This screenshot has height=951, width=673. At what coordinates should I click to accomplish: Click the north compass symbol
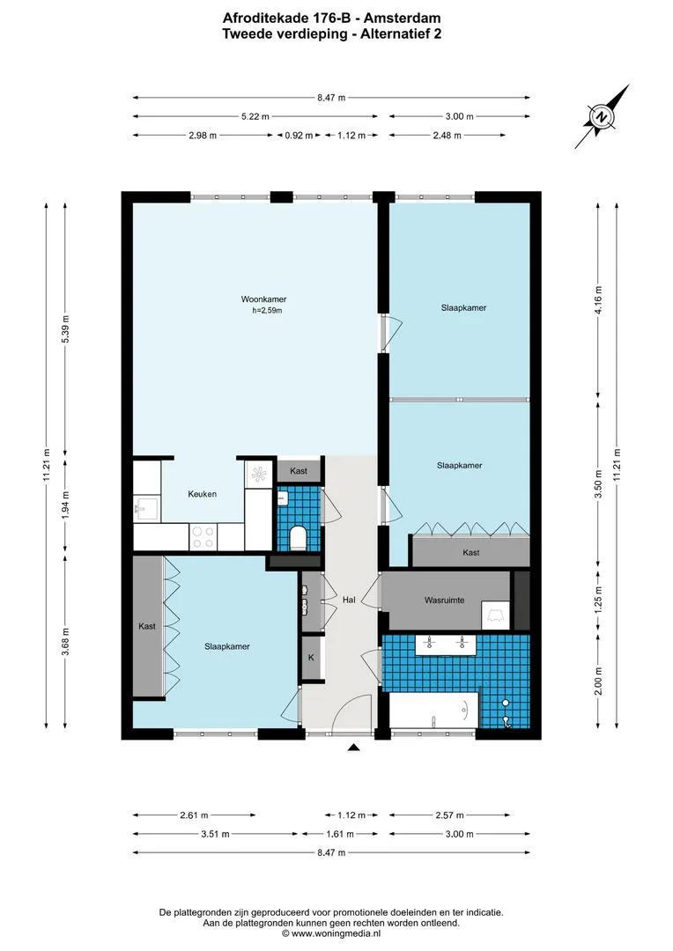[x=602, y=117]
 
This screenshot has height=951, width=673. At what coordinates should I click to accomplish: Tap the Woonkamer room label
[x=263, y=299]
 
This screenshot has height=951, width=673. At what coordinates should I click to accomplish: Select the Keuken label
[x=202, y=494]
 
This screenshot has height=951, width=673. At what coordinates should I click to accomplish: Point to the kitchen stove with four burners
[x=203, y=537]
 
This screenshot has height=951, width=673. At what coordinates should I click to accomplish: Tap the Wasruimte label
[x=444, y=601]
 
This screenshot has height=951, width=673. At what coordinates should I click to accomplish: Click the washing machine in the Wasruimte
[x=496, y=615]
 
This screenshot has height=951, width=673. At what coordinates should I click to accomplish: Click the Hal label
[x=349, y=600]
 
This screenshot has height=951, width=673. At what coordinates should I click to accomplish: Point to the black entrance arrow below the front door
[x=354, y=748]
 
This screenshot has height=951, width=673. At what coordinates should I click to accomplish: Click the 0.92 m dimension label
[x=300, y=136]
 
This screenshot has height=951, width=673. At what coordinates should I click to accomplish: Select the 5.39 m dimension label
[x=65, y=329]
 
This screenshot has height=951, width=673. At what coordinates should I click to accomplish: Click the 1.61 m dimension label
[x=340, y=834]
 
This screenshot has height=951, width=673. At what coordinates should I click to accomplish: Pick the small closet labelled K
[x=311, y=658]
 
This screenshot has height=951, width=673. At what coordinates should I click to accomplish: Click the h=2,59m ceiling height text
[x=268, y=311]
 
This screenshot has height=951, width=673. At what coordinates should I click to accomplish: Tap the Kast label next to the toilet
[x=299, y=470]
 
